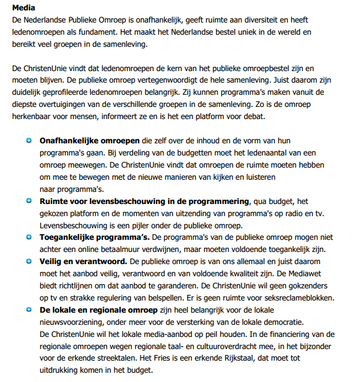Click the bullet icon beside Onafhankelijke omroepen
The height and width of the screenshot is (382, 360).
[29, 140]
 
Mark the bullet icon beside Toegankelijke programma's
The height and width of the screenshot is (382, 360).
[29, 237]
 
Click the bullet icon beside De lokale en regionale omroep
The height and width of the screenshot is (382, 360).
[29, 310]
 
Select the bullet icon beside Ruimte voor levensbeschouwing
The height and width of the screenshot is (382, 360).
[29, 201]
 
